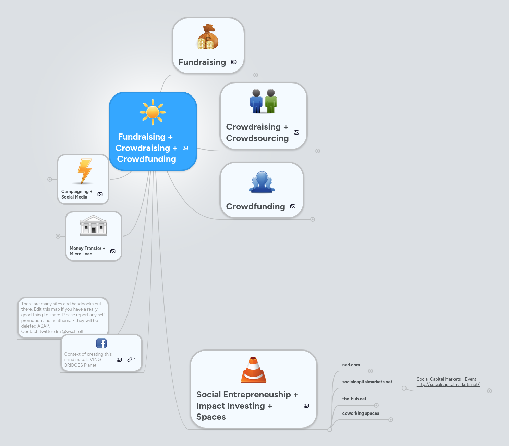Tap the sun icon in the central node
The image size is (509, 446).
[153, 112]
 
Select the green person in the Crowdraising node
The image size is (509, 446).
[271, 101]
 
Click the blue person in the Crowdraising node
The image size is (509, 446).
[256, 101]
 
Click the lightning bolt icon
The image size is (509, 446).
[84, 171]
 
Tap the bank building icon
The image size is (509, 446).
[94, 226]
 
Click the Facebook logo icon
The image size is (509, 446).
[101, 343]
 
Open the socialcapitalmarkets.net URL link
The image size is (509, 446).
[448, 385]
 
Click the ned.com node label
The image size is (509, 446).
[351, 365]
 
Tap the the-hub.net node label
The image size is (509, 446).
[354, 399]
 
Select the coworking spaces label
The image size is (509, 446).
[361, 413]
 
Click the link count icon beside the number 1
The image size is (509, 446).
[130, 360]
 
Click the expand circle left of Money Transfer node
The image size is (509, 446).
[58, 236]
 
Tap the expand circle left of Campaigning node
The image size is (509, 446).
[50, 179]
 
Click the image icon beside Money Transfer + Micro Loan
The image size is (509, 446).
[113, 251]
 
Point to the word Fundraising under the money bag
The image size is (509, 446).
[202, 62]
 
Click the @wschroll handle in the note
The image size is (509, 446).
[72, 332]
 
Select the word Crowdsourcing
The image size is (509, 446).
[257, 138]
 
